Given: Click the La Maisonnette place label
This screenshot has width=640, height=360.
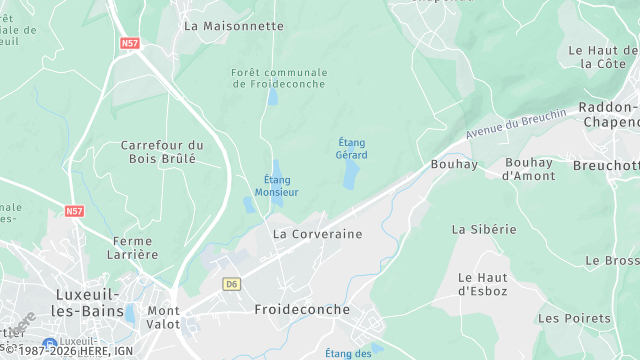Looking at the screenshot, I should point(234,26).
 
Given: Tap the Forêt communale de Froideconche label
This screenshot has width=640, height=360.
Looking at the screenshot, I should point(279,78).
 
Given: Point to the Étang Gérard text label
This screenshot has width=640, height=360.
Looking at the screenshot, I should point(352,149).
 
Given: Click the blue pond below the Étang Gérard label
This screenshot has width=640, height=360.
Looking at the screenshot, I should point(350,176).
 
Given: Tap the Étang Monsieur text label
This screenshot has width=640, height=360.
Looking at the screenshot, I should point(276,185).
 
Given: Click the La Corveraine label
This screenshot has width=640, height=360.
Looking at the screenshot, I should point(317,233).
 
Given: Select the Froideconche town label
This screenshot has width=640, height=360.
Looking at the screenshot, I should point(302,310).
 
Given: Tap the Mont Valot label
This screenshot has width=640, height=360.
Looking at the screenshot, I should point(164,317).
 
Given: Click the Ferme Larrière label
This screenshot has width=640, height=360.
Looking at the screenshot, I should point(135,247).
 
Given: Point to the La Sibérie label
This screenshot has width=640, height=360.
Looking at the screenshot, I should point(484,229).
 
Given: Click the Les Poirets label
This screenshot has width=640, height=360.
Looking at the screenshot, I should point(574,318).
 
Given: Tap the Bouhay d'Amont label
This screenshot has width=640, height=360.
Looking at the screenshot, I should point(528,169).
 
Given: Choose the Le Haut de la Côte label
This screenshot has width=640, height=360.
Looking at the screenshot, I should point(603,56).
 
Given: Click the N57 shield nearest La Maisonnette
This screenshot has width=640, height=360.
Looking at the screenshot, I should point(129,43).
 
